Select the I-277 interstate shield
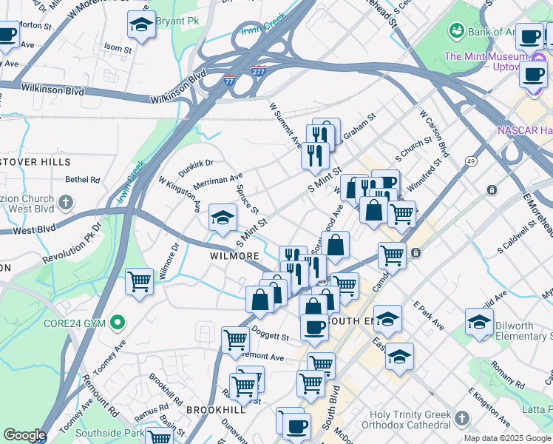click(258, 72)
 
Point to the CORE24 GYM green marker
click(116, 323)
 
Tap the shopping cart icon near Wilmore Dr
click(139, 281)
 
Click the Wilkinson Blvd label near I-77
click(177, 98)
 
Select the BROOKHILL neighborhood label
click(215, 409)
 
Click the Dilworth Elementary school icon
click(479, 322)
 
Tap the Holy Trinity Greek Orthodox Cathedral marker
click(462, 417)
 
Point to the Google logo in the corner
click(24, 434)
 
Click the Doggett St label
click(270, 337)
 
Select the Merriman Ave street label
click(217, 181)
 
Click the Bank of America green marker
click(456, 30)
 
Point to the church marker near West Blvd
click(66, 202)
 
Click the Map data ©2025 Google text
click(508, 438)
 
